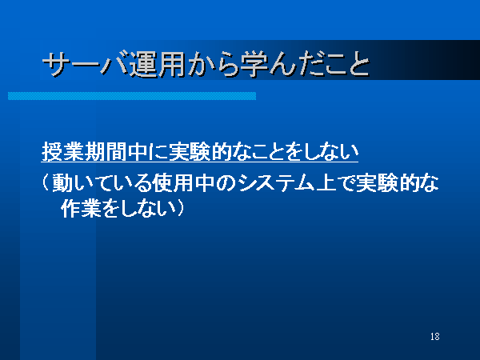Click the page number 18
point(434,337)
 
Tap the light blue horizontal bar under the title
point(132,96)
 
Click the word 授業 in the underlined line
point(62,151)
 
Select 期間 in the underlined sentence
point(106,151)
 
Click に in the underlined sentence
point(158,151)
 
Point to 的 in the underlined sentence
point(221,151)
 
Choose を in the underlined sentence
point(295,151)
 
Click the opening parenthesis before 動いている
point(45,183)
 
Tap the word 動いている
point(102,183)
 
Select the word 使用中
point(184,183)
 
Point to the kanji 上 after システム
point(326,183)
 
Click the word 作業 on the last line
point(81,209)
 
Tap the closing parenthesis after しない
point(180,209)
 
